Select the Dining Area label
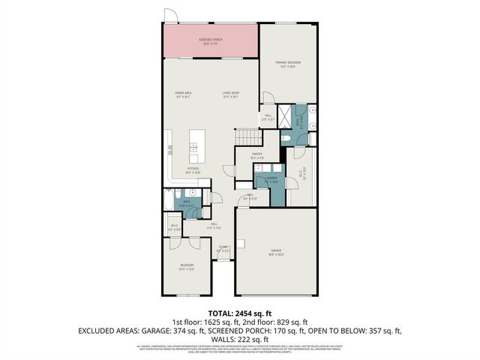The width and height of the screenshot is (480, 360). click(x=185, y=94)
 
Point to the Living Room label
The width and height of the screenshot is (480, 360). click(x=229, y=94)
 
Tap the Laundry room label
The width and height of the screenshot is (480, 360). click(x=271, y=179)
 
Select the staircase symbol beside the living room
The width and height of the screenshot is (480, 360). click(x=250, y=137)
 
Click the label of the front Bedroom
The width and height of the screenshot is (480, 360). click(x=186, y=266)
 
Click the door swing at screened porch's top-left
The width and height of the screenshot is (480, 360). click(x=172, y=15)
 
